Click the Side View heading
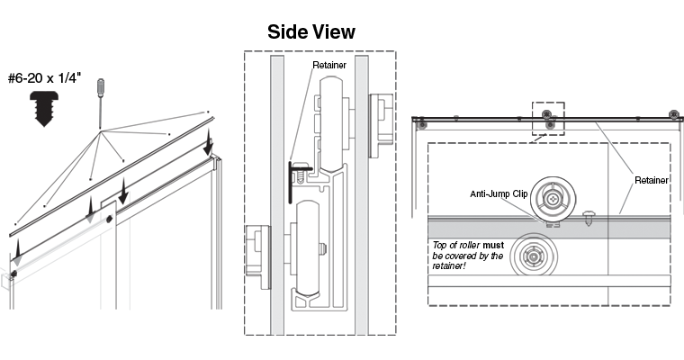[x=311, y=31]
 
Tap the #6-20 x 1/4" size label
[x=44, y=78]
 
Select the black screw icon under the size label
[x=43, y=109]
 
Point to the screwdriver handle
[x=101, y=87]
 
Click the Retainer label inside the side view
[x=329, y=65]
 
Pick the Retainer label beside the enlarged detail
[x=652, y=180]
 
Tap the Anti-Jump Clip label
[x=499, y=193]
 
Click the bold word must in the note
[x=493, y=245]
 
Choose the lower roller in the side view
[x=308, y=247]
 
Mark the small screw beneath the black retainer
[x=301, y=175]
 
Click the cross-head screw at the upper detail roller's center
[x=554, y=199]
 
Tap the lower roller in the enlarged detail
[x=534, y=256]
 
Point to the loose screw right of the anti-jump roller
[x=588, y=218]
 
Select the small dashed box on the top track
[x=548, y=119]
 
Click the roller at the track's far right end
[x=674, y=115]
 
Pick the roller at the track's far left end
[x=422, y=125]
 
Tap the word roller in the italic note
[x=470, y=245]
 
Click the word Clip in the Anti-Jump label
[x=519, y=193]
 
